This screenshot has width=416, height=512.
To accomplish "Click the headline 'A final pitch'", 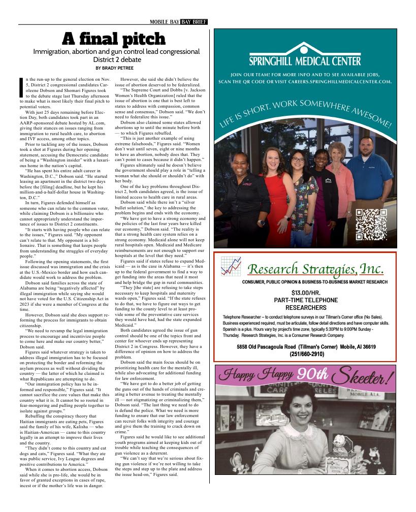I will tap(113, 39).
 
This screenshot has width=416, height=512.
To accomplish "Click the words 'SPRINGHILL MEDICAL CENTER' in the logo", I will tap(305, 61).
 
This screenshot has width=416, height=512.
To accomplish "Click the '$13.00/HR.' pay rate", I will tap(306, 293).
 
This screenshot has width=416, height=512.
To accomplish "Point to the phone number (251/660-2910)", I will tap(306, 354).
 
